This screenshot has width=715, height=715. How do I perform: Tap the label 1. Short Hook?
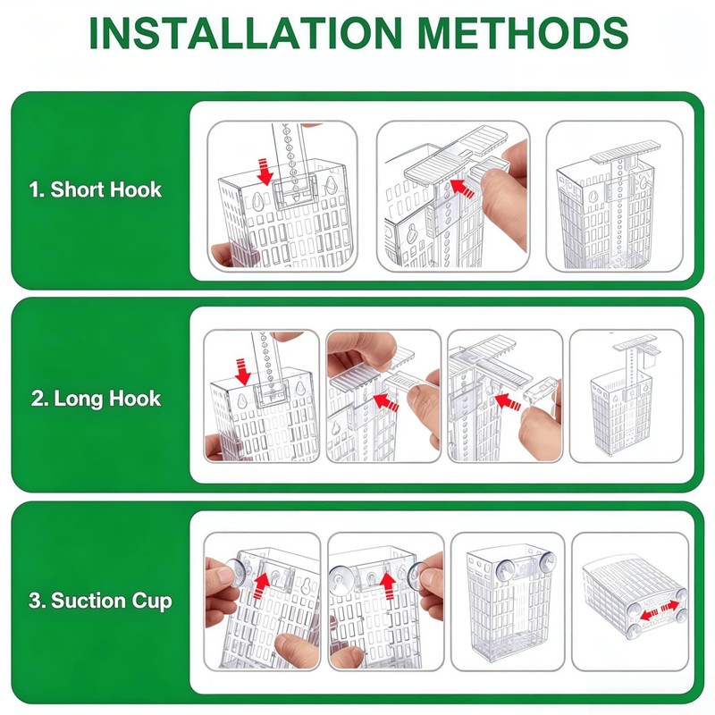coord(96,189)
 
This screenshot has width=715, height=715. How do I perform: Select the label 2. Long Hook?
coord(96,399)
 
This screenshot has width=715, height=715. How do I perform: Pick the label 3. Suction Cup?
coord(100,601)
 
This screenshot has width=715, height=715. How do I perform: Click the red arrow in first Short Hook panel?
coord(265,172)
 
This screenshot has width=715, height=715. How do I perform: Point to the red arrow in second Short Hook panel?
coord(462,189)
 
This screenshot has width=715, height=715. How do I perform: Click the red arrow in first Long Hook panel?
coord(242,371)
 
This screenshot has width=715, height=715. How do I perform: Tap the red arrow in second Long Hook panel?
coord(386,402)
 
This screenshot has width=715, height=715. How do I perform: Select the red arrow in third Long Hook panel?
coord(508,401)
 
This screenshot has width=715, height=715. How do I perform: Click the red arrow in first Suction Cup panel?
coord(261,585)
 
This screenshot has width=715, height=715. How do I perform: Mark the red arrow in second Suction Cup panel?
coord(388,585)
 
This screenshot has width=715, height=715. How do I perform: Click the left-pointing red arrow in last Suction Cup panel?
coord(649,615)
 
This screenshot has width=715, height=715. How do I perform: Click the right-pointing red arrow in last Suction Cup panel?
coord(670,606)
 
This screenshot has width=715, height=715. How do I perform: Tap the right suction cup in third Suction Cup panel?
coord(547,562)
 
